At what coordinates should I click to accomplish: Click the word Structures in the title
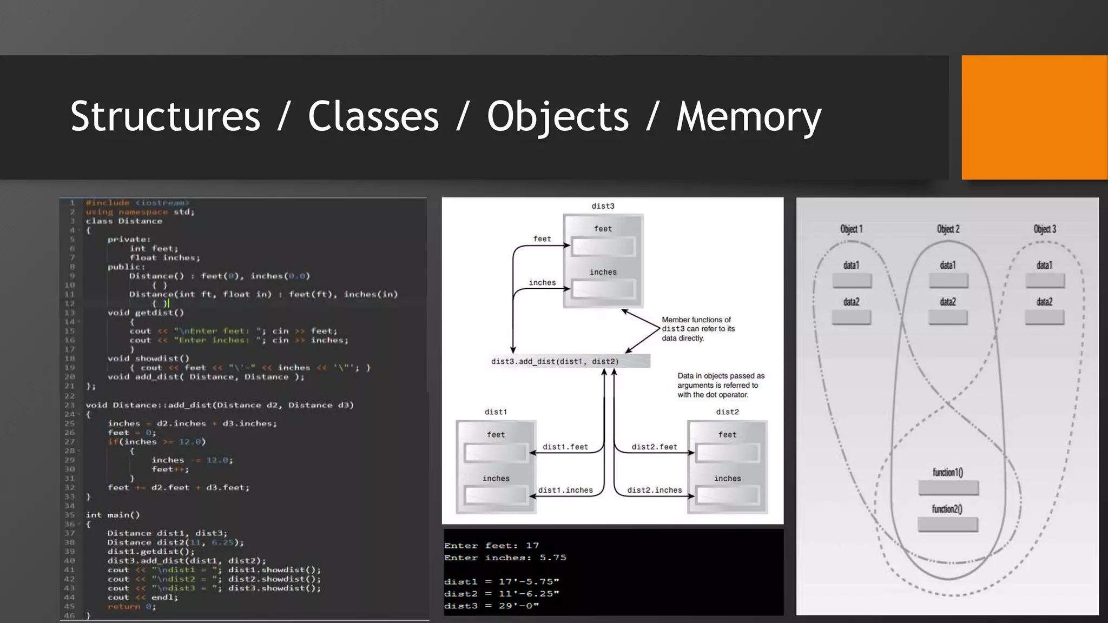pos(165,116)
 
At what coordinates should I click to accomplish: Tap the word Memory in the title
pos(749,116)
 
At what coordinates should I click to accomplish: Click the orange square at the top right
pos(1034,117)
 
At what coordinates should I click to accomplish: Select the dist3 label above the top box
pos(603,206)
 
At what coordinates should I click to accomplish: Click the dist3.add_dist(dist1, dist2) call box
pos(555,361)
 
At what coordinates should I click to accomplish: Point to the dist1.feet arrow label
pos(565,447)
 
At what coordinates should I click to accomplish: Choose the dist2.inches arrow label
pos(655,490)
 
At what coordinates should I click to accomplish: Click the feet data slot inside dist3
pos(603,247)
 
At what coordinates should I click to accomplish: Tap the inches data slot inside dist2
pos(728,495)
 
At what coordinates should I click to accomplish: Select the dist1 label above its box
pos(496,412)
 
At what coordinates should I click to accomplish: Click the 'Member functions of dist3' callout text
pos(698,329)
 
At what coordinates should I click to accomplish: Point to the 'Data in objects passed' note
pos(721,385)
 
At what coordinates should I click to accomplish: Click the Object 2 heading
pos(948,229)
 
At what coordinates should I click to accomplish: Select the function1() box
pos(948,488)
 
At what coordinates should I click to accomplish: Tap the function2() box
pos(948,525)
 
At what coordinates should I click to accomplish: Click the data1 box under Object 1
pos(852,280)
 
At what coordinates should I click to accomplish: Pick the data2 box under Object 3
pos(1044,317)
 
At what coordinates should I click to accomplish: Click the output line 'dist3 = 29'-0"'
pos(491,606)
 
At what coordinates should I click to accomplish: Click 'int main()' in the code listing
pos(113,515)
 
